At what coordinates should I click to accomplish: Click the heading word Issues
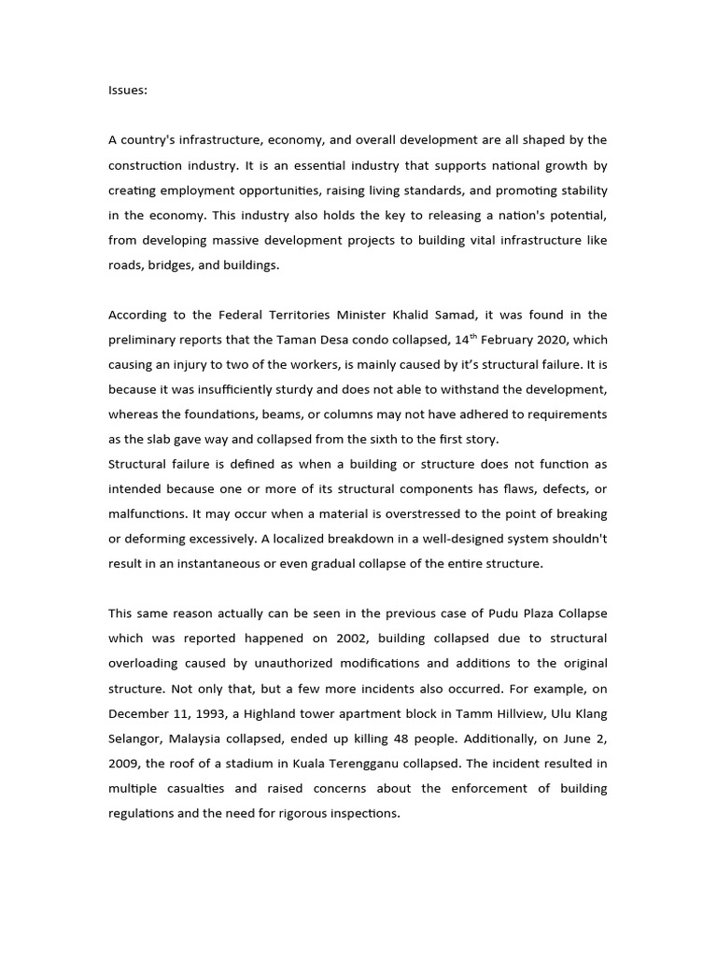[127, 91]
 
